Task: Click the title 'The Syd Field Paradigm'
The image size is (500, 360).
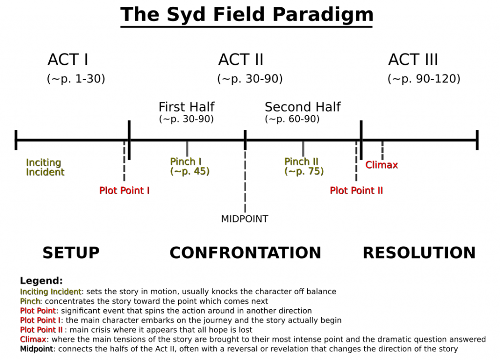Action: (x=247, y=15)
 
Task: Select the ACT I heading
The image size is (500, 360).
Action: (x=68, y=60)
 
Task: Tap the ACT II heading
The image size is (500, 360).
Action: (x=241, y=60)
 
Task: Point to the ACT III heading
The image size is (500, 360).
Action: (x=413, y=60)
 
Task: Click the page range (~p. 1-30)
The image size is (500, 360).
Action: (x=76, y=79)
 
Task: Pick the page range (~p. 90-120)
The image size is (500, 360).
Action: (x=424, y=79)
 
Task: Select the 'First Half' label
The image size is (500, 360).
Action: (x=187, y=107)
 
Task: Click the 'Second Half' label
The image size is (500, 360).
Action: (x=303, y=107)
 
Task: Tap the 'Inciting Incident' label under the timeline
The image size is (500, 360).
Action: (x=45, y=167)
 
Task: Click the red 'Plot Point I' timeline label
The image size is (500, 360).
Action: (x=125, y=190)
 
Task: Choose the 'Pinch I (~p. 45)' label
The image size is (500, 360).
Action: (x=189, y=166)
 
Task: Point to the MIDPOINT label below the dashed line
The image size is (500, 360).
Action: (x=245, y=219)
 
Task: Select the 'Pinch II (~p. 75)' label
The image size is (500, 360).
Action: (x=304, y=166)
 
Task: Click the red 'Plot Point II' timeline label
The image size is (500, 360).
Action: (x=356, y=190)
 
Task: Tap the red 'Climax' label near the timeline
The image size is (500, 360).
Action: (x=381, y=165)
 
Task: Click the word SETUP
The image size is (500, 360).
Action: (x=71, y=253)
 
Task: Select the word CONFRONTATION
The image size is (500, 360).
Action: (x=245, y=253)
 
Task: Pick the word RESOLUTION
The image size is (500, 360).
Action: (x=419, y=253)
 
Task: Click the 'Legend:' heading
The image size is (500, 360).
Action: (x=41, y=281)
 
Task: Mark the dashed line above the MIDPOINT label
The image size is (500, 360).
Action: (x=245, y=180)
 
